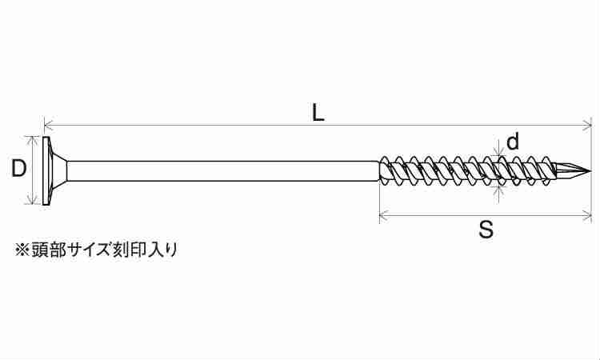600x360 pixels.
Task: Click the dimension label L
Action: click(x=318, y=114)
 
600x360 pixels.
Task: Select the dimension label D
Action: click(x=18, y=169)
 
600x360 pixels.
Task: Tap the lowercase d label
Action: click(x=513, y=141)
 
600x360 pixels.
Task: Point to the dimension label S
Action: click(x=486, y=230)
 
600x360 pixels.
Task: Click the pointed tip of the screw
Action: click(x=590, y=171)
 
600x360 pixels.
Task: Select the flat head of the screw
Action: click(x=46, y=171)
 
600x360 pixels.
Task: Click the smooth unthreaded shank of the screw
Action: click(x=222, y=171)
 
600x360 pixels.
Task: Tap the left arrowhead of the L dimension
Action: click(x=49, y=125)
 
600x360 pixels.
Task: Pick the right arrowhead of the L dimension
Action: click(x=587, y=125)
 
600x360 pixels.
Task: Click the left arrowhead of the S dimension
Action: click(x=384, y=215)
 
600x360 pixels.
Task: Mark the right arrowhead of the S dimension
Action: click(x=587, y=215)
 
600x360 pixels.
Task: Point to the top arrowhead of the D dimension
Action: click(x=33, y=141)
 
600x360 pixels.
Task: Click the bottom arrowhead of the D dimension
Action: click(x=33, y=199)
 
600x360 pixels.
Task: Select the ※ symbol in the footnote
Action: click(x=22, y=250)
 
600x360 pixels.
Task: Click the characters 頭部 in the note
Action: click(x=48, y=250)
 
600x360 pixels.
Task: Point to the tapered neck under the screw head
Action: click(x=59, y=171)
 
